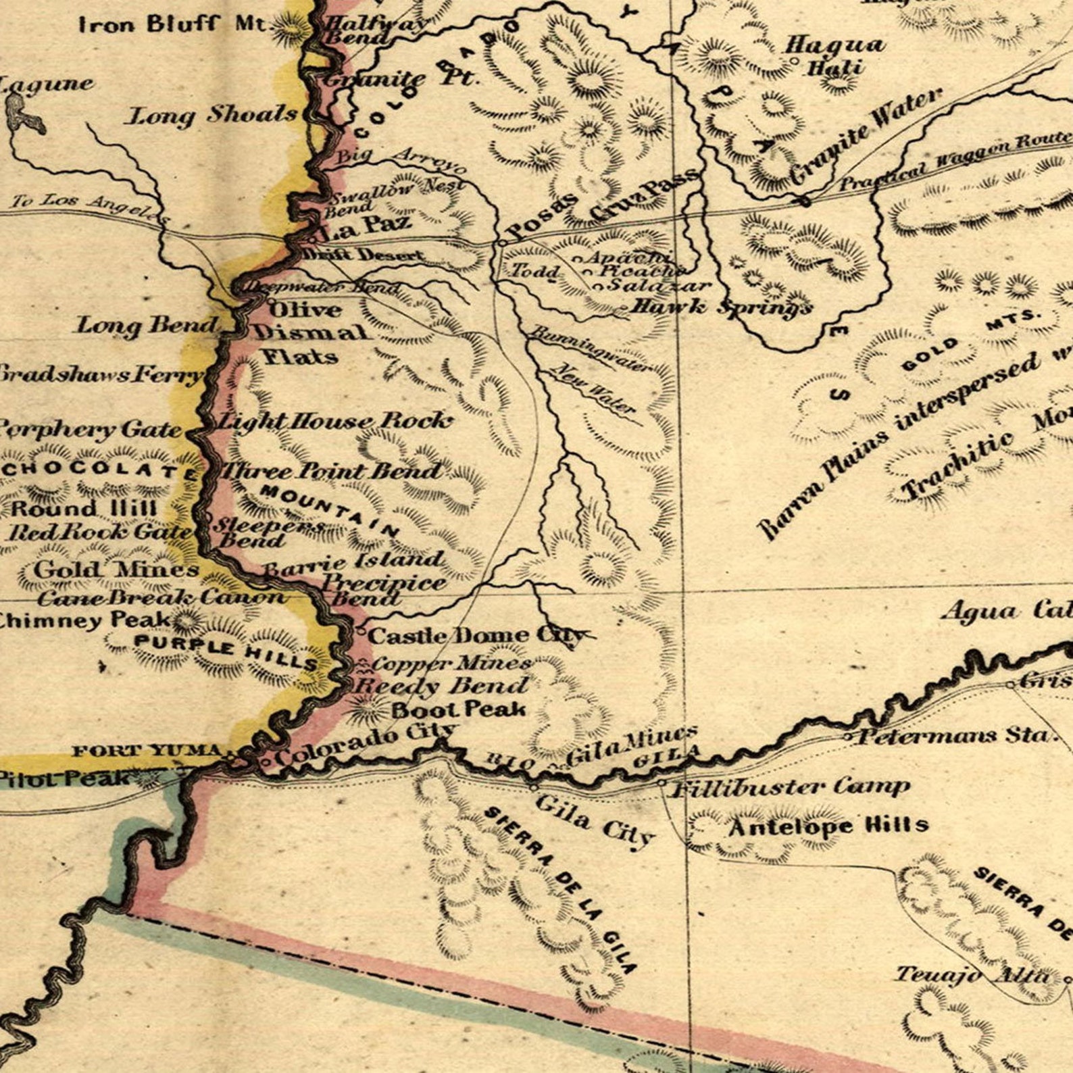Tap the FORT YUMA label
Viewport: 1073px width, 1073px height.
147,751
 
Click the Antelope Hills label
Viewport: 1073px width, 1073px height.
828,826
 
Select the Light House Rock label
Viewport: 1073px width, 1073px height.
334,421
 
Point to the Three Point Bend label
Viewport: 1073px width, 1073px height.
331,471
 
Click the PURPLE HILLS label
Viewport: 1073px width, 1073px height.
226,651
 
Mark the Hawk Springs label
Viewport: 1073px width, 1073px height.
720,307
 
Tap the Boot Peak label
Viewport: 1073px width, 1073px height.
459,709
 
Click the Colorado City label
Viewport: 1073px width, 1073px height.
366,744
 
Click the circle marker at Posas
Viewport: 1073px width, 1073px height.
503,242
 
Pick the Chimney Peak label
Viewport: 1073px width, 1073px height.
84,619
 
